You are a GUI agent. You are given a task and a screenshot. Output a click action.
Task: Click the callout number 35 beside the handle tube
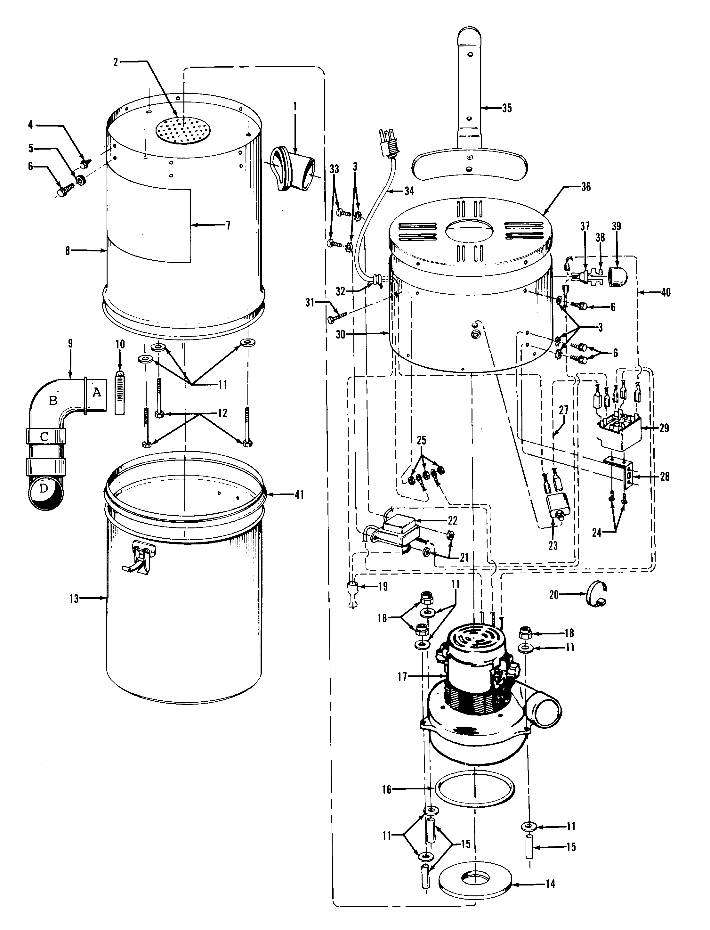(507, 108)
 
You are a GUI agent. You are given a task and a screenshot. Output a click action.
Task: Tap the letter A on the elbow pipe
(97, 392)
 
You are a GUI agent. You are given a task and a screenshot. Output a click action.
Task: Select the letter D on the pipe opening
(44, 488)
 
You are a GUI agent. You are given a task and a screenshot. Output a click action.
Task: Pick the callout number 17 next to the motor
(402, 677)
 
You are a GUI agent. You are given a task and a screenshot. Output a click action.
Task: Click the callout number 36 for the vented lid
(586, 187)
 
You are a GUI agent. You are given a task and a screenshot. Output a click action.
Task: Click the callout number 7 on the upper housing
(228, 225)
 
